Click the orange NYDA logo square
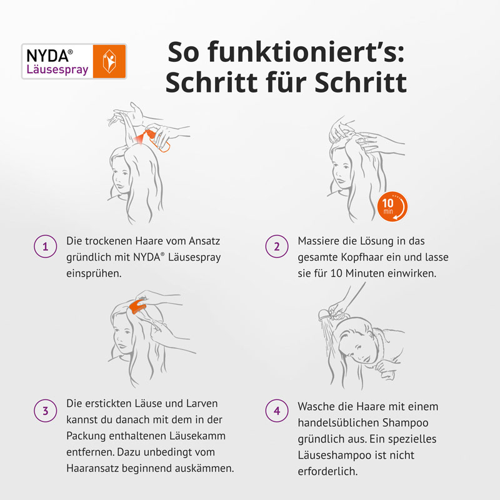click(109, 61)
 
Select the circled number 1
click(45, 247)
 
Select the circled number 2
click(277, 247)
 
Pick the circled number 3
click(45, 411)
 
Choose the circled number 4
click(277, 411)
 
